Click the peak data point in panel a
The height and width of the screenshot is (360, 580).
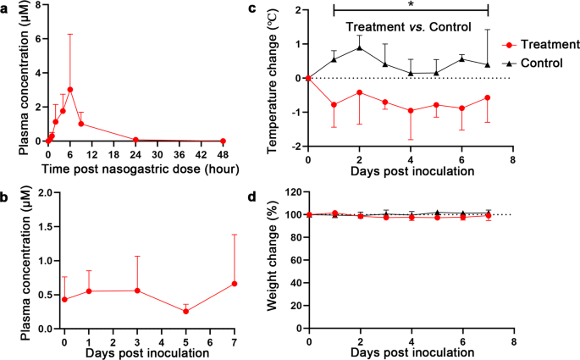coord(70,90)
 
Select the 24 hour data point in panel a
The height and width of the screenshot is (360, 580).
coord(135,140)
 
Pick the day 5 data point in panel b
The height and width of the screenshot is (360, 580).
coord(185,311)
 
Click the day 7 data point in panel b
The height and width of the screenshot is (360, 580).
coord(234,284)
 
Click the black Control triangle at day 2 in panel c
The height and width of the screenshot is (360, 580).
coord(360,47)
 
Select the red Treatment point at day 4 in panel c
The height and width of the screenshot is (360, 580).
coord(411,111)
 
